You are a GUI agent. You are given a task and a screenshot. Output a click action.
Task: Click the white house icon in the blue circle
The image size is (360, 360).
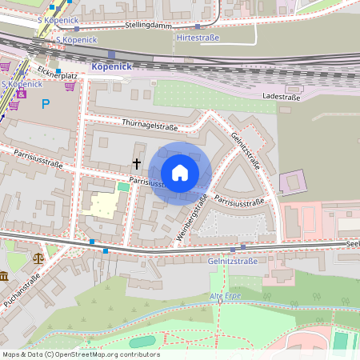click(180, 172)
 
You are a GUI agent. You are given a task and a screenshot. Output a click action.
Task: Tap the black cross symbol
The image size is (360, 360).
click(136, 163)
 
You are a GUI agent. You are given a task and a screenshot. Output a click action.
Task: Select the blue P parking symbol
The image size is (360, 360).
click(46, 103)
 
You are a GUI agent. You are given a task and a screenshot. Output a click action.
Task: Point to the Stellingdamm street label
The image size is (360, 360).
click(150, 26)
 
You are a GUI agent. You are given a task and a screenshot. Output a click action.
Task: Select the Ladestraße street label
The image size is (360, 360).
click(282, 96)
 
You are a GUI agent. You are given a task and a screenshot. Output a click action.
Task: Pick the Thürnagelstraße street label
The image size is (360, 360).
click(149, 123)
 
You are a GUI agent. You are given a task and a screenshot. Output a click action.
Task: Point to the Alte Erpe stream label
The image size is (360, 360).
click(226, 297)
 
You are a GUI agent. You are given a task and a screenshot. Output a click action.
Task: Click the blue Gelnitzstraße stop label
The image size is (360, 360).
click(232, 261)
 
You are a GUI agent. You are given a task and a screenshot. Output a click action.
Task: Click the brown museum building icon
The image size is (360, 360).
click(4, 276)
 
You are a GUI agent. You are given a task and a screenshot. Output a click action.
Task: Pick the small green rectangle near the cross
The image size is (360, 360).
click(122, 186)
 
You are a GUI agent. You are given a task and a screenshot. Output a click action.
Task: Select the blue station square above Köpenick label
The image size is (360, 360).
click(111, 54)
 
